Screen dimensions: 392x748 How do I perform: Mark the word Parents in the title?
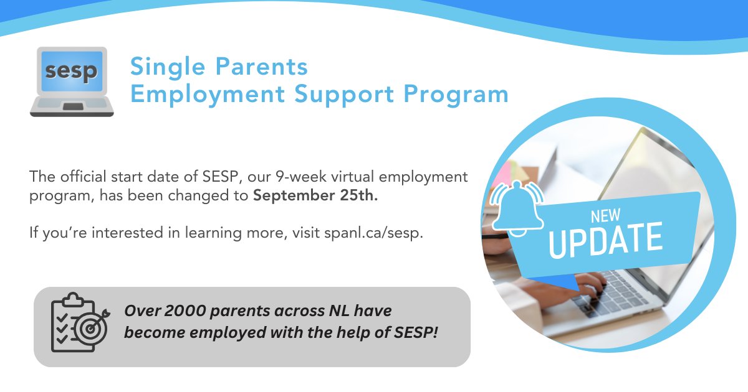pos(261,66)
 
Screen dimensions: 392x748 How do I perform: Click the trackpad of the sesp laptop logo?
pos(72,107)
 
